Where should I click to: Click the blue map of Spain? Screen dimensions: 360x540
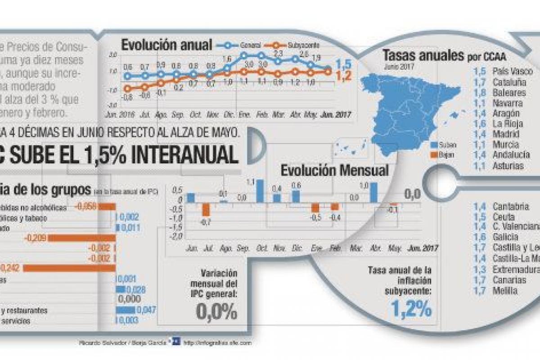pos(405,108)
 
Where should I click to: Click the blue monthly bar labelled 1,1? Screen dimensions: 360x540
pos(260,191)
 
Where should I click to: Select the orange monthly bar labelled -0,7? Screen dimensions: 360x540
pos(206,209)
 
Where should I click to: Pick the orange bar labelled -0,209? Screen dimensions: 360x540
pos(81,238)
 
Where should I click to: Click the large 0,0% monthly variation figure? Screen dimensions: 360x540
pos(216,311)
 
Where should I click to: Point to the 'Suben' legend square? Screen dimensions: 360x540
pos(434,145)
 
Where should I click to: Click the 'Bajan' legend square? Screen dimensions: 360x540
pos(434,155)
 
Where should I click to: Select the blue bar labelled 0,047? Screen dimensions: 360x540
pos(126,310)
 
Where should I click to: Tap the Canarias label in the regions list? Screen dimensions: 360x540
pos(509,280)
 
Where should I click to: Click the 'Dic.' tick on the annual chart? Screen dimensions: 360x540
pos(228,115)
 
